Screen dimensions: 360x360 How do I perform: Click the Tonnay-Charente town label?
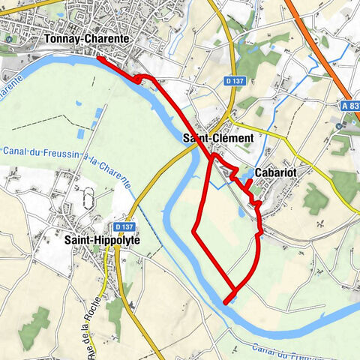coord(87,38)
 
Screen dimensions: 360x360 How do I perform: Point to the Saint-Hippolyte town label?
coord(102,240)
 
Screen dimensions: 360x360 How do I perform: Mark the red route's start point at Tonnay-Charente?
coord(97,57)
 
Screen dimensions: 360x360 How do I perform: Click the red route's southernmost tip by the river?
coord(225,302)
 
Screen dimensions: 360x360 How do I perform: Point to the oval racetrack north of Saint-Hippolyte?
coord(85,201)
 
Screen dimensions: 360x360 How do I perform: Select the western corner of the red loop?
coord(194,229)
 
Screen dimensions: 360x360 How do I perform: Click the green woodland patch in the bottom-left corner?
coord(34,327)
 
